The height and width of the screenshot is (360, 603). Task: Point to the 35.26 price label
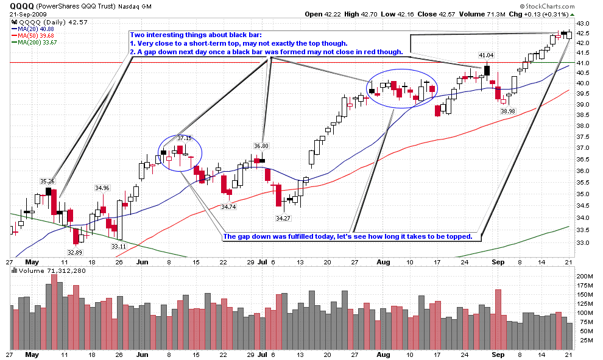(x=48, y=181)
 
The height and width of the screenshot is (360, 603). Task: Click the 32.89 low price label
(x=75, y=252)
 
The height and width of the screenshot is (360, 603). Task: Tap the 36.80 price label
(x=261, y=146)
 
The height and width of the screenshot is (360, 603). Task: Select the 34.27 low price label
(x=282, y=217)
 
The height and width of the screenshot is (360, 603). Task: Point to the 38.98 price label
(x=508, y=111)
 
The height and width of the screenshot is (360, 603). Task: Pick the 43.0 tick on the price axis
(x=583, y=23)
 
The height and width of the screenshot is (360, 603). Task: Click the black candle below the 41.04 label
(x=487, y=70)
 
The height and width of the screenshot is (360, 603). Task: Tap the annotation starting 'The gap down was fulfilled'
(x=348, y=236)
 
